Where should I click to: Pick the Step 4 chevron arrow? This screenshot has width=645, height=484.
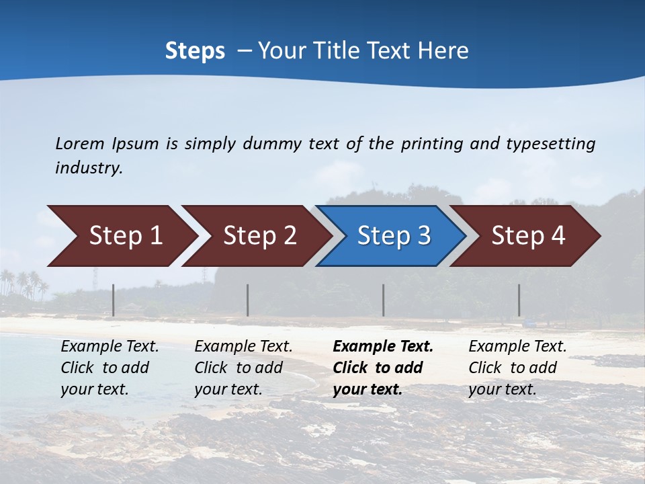[527, 236]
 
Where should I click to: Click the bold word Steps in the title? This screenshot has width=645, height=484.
[195, 50]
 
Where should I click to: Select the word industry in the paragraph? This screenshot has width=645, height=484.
[89, 168]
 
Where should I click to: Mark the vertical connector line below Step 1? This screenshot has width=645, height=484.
[114, 300]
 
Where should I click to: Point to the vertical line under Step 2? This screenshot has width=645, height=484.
[248, 300]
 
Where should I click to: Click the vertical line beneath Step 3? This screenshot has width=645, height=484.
[384, 300]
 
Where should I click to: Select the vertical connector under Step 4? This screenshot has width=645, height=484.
[519, 300]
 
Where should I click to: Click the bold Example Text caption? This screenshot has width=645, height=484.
[383, 368]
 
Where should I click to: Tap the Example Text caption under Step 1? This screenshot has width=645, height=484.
[110, 368]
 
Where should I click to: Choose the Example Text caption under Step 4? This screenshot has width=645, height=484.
[517, 368]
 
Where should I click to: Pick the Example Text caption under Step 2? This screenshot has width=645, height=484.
[243, 368]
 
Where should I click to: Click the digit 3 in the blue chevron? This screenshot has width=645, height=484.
[423, 236]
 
